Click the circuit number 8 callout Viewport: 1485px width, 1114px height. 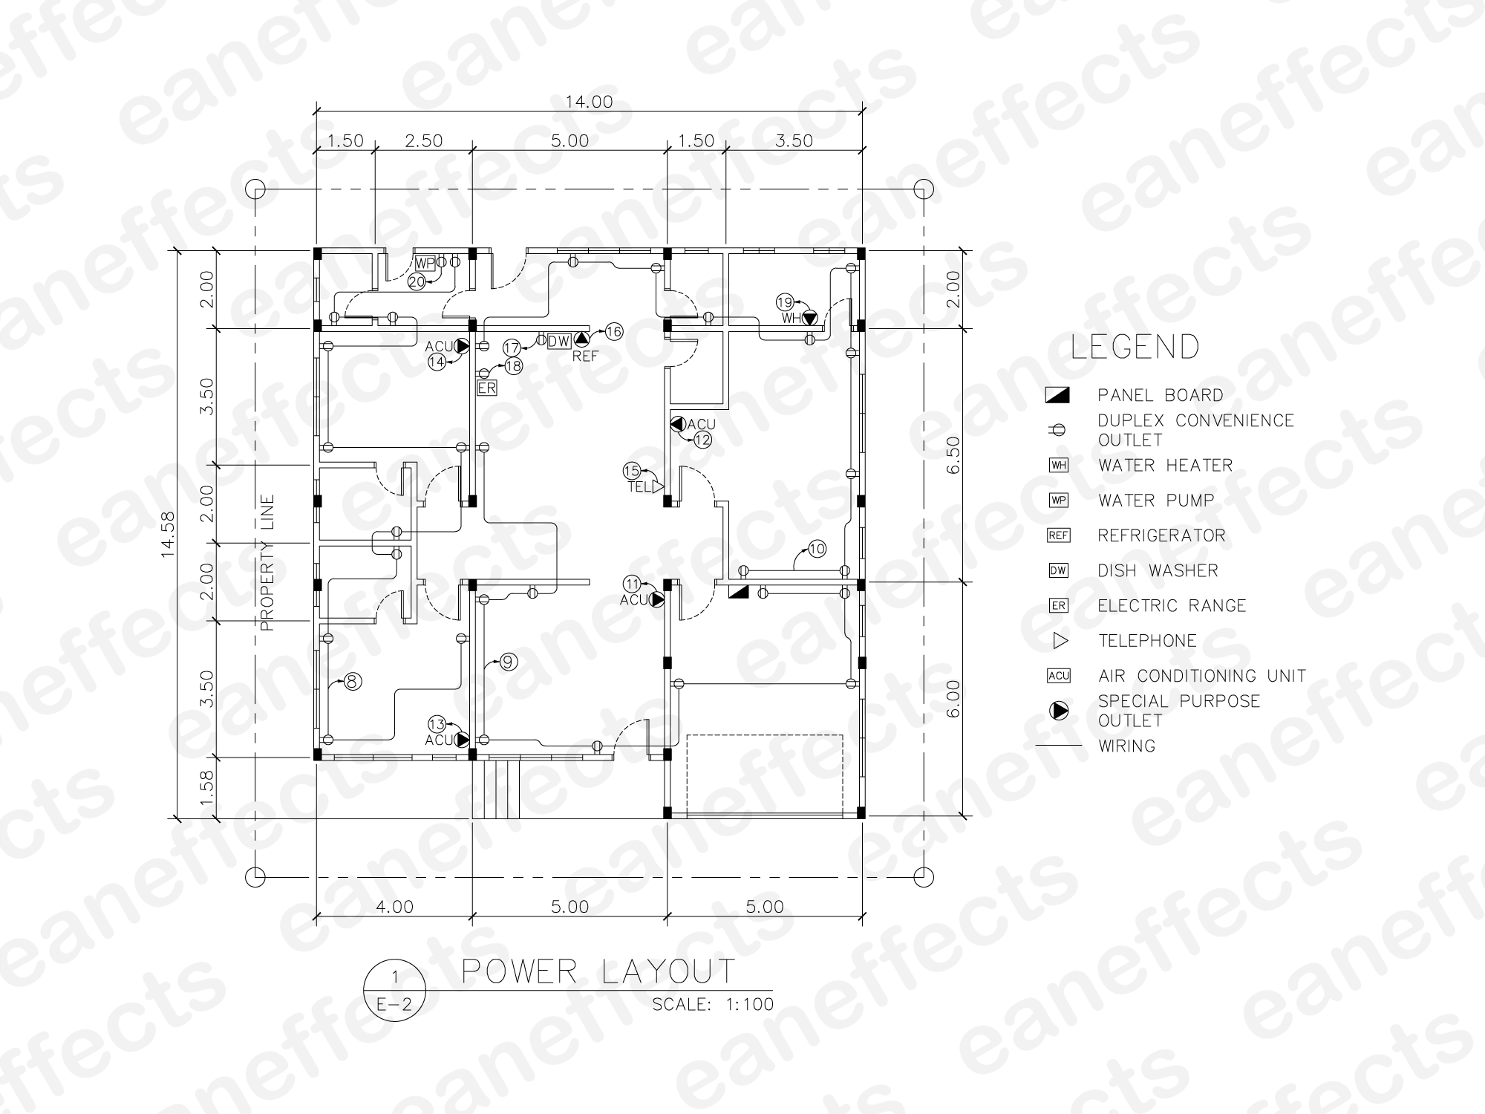(x=353, y=680)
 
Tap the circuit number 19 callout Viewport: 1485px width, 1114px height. (x=785, y=302)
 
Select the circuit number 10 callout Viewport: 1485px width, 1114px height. (x=817, y=550)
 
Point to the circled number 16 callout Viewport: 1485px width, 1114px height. (x=613, y=332)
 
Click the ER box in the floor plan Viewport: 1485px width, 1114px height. (x=486, y=388)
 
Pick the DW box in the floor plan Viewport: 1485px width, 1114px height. (x=558, y=341)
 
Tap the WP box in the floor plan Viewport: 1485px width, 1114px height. (x=425, y=263)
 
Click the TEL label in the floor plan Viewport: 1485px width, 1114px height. (x=639, y=487)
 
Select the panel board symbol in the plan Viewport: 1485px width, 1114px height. (x=738, y=592)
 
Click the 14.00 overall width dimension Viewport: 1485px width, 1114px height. (x=589, y=102)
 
